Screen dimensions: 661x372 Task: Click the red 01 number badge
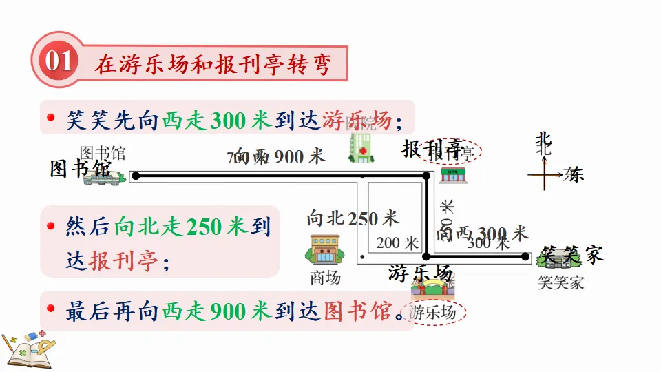[59, 63]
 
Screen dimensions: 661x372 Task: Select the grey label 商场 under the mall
[325, 278]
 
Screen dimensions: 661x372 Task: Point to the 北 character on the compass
[544, 142]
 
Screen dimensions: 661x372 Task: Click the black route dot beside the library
[136, 176]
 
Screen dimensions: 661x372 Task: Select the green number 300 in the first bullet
[227, 121]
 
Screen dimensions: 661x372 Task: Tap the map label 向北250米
[353, 219]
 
